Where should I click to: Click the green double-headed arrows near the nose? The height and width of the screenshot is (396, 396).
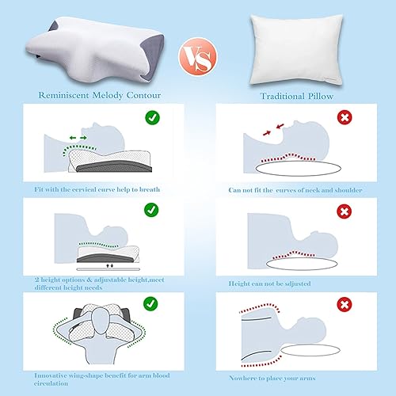click(78, 137)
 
